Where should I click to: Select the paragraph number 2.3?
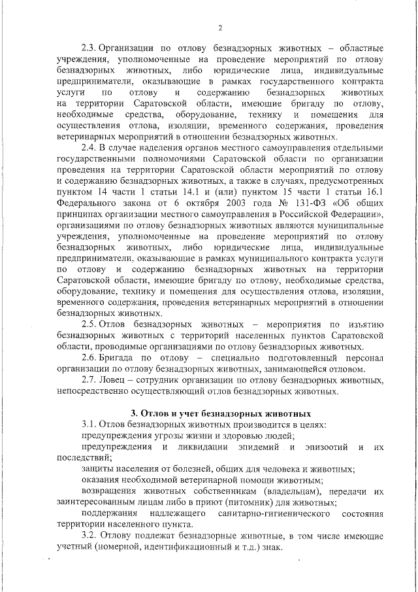pos(89,48)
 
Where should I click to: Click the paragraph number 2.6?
pos(89,358)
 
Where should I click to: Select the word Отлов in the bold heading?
pos(154,413)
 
